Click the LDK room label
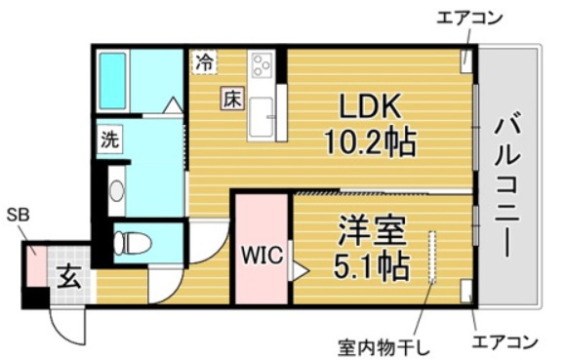368,103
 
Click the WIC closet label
261,257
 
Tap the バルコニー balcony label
507,184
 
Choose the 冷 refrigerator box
203,61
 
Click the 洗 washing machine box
109,139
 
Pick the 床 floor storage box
231,98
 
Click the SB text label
18,216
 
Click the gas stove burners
263,66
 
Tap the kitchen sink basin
262,118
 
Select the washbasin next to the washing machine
117,190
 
